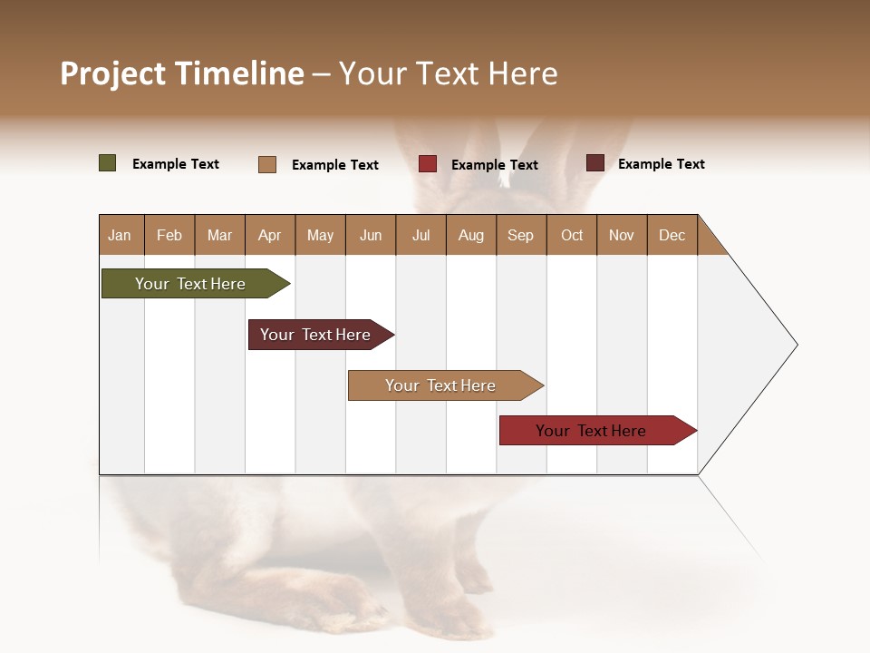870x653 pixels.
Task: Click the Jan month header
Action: coord(121,235)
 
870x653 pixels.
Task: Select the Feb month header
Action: coord(169,235)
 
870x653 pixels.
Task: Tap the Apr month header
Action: coord(270,235)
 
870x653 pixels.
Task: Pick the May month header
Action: coord(320,235)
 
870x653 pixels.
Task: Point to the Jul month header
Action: coord(420,235)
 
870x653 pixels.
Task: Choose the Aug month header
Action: coord(471,235)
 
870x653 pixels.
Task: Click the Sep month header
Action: coord(521,235)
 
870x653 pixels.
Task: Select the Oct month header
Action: coord(572,235)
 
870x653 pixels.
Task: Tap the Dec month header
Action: coord(672,235)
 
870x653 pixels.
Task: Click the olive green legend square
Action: coord(108,163)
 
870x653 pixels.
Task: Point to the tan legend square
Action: coord(267,164)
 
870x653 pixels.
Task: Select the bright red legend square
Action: coord(428,164)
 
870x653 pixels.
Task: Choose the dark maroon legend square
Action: coord(595,163)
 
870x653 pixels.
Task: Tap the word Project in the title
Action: coord(113,73)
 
